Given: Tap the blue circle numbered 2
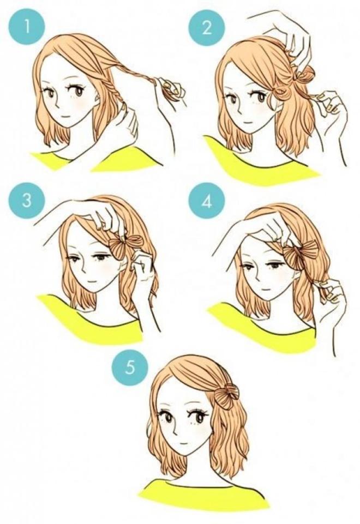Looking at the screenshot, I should coord(206,28).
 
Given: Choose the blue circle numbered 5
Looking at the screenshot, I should coord(129,366).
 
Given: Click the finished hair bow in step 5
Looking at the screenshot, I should coord(225,393).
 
